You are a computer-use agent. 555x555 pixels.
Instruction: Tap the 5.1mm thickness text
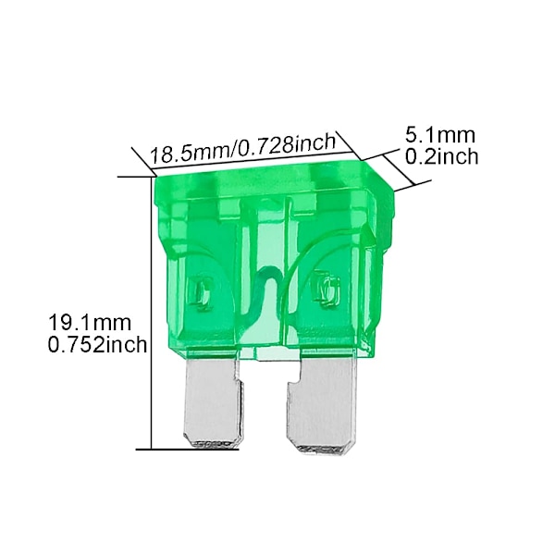(x=440, y=135)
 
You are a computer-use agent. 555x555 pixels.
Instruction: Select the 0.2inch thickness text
(x=441, y=156)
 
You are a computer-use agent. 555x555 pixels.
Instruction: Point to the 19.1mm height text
(x=89, y=323)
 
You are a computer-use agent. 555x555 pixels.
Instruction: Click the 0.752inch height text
(x=97, y=344)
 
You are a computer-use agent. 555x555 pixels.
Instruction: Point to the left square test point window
(x=201, y=291)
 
